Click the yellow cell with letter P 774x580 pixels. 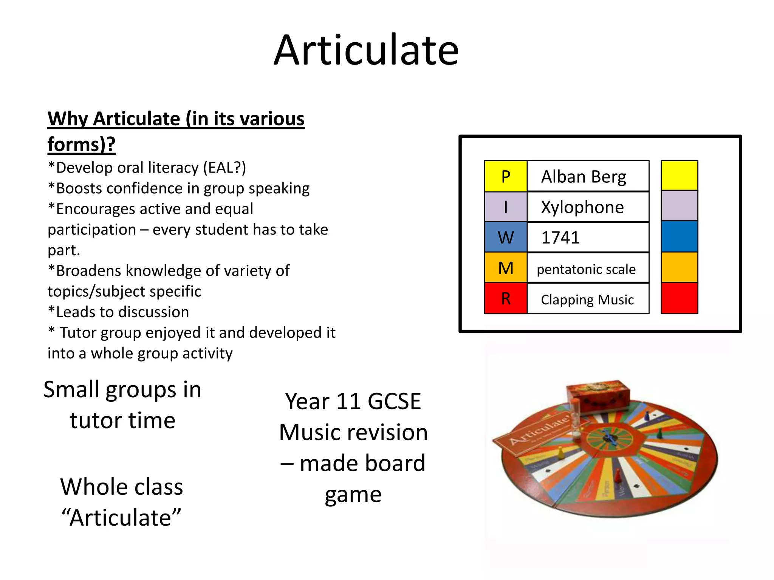tap(506, 176)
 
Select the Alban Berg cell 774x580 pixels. tap(588, 176)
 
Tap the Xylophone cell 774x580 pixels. tap(588, 207)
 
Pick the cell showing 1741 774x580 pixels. tap(588, 238)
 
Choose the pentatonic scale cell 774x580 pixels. tap(588, 268)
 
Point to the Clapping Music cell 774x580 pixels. tap(588, 299)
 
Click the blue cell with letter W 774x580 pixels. tap(506, 238)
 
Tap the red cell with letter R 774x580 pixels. tap(506, 299)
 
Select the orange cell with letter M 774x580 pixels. tap(506, 268)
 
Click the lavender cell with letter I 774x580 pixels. tap(506, 207)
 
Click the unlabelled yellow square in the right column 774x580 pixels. tap(679, 176)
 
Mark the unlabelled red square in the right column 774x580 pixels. tap(679, 298)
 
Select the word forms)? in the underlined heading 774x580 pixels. tap(81, 144)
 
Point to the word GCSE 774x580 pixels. tap(394, 401)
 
